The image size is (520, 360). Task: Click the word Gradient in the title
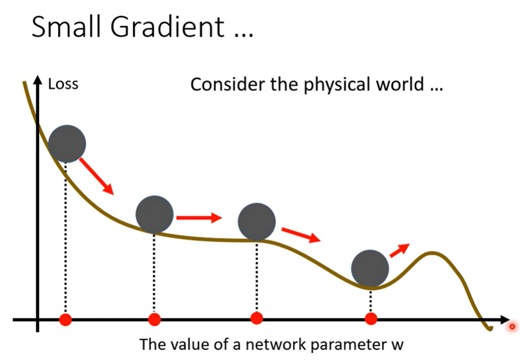(x=167, y=27)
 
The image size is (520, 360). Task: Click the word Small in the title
(x=66, y=27)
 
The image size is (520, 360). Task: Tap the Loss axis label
(x=64, y=84)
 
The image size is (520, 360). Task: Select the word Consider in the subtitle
(x=228, y=84)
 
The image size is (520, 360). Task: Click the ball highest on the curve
(x=67, y=144)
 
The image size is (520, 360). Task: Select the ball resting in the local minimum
(x=370, y=269)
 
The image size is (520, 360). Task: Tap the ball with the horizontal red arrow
(x=154, y=214)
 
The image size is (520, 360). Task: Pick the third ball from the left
(x=256, y=222)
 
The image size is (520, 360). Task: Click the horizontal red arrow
(x=199, y=218)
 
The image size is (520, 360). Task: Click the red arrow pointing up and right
(x=399, y=250)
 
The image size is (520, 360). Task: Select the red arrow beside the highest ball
(x=97, y=176)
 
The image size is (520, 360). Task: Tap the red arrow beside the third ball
(x=301, y=235)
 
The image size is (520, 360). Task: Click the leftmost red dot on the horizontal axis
(x=66, y=320)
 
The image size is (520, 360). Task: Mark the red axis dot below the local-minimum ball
(x=371, y=319)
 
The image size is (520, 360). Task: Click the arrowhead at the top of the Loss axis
(x=38, y=80)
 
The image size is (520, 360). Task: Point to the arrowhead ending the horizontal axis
(x=505, y=320)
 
